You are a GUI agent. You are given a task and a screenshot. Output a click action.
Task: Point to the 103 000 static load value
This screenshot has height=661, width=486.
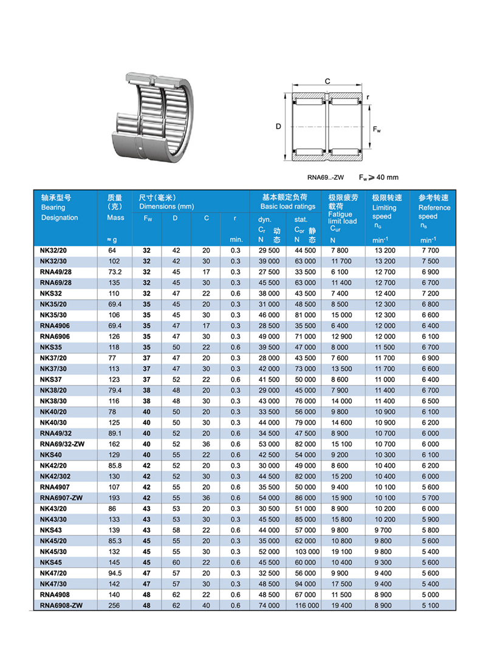307,552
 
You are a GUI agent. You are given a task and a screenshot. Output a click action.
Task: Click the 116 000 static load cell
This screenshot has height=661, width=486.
307,606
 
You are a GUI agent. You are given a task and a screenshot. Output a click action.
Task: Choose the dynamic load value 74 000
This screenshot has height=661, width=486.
269,606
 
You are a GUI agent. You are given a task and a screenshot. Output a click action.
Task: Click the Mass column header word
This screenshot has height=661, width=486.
115,217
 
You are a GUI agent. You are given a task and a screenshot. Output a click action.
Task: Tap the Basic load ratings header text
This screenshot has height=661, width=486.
288,207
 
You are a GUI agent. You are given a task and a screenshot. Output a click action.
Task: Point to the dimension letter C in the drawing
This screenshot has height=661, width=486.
327,81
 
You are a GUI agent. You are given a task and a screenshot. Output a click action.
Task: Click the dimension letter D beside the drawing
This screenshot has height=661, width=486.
278,127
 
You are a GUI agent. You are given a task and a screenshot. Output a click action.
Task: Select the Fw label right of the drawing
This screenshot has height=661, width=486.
377,129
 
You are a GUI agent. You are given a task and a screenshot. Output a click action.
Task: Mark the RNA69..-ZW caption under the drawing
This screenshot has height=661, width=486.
326,177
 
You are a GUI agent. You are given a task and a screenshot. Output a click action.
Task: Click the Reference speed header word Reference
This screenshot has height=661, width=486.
434,207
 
